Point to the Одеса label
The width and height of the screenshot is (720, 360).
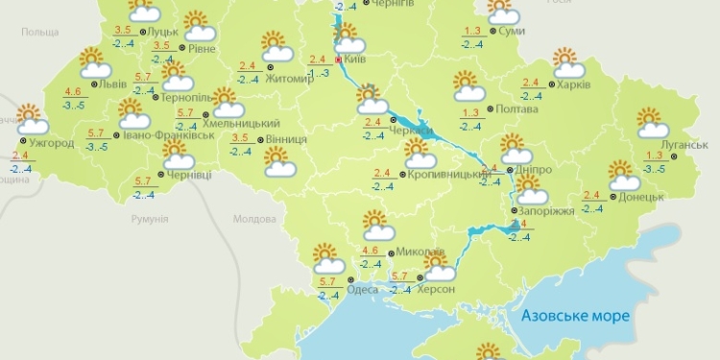[362, 289]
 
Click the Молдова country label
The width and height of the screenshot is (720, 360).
[254, 219]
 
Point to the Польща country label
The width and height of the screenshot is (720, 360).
[40, 33]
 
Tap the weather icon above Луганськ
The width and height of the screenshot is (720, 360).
[653, 124]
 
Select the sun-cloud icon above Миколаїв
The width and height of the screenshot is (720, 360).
[378, 227]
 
